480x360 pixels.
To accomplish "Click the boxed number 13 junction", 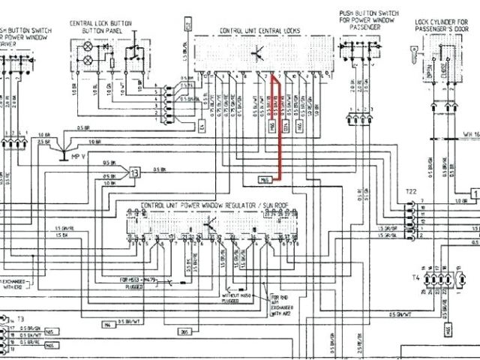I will [x=135, y=173].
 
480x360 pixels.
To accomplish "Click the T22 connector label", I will [x=410, y=192].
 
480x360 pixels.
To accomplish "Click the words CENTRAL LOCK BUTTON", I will [x=100, y=23].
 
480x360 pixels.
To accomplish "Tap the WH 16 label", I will [x=470, y=135].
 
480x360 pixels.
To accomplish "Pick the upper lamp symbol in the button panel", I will [x=88, y=46].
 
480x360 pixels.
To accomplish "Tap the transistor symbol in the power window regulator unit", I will [x=211, y=223].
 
